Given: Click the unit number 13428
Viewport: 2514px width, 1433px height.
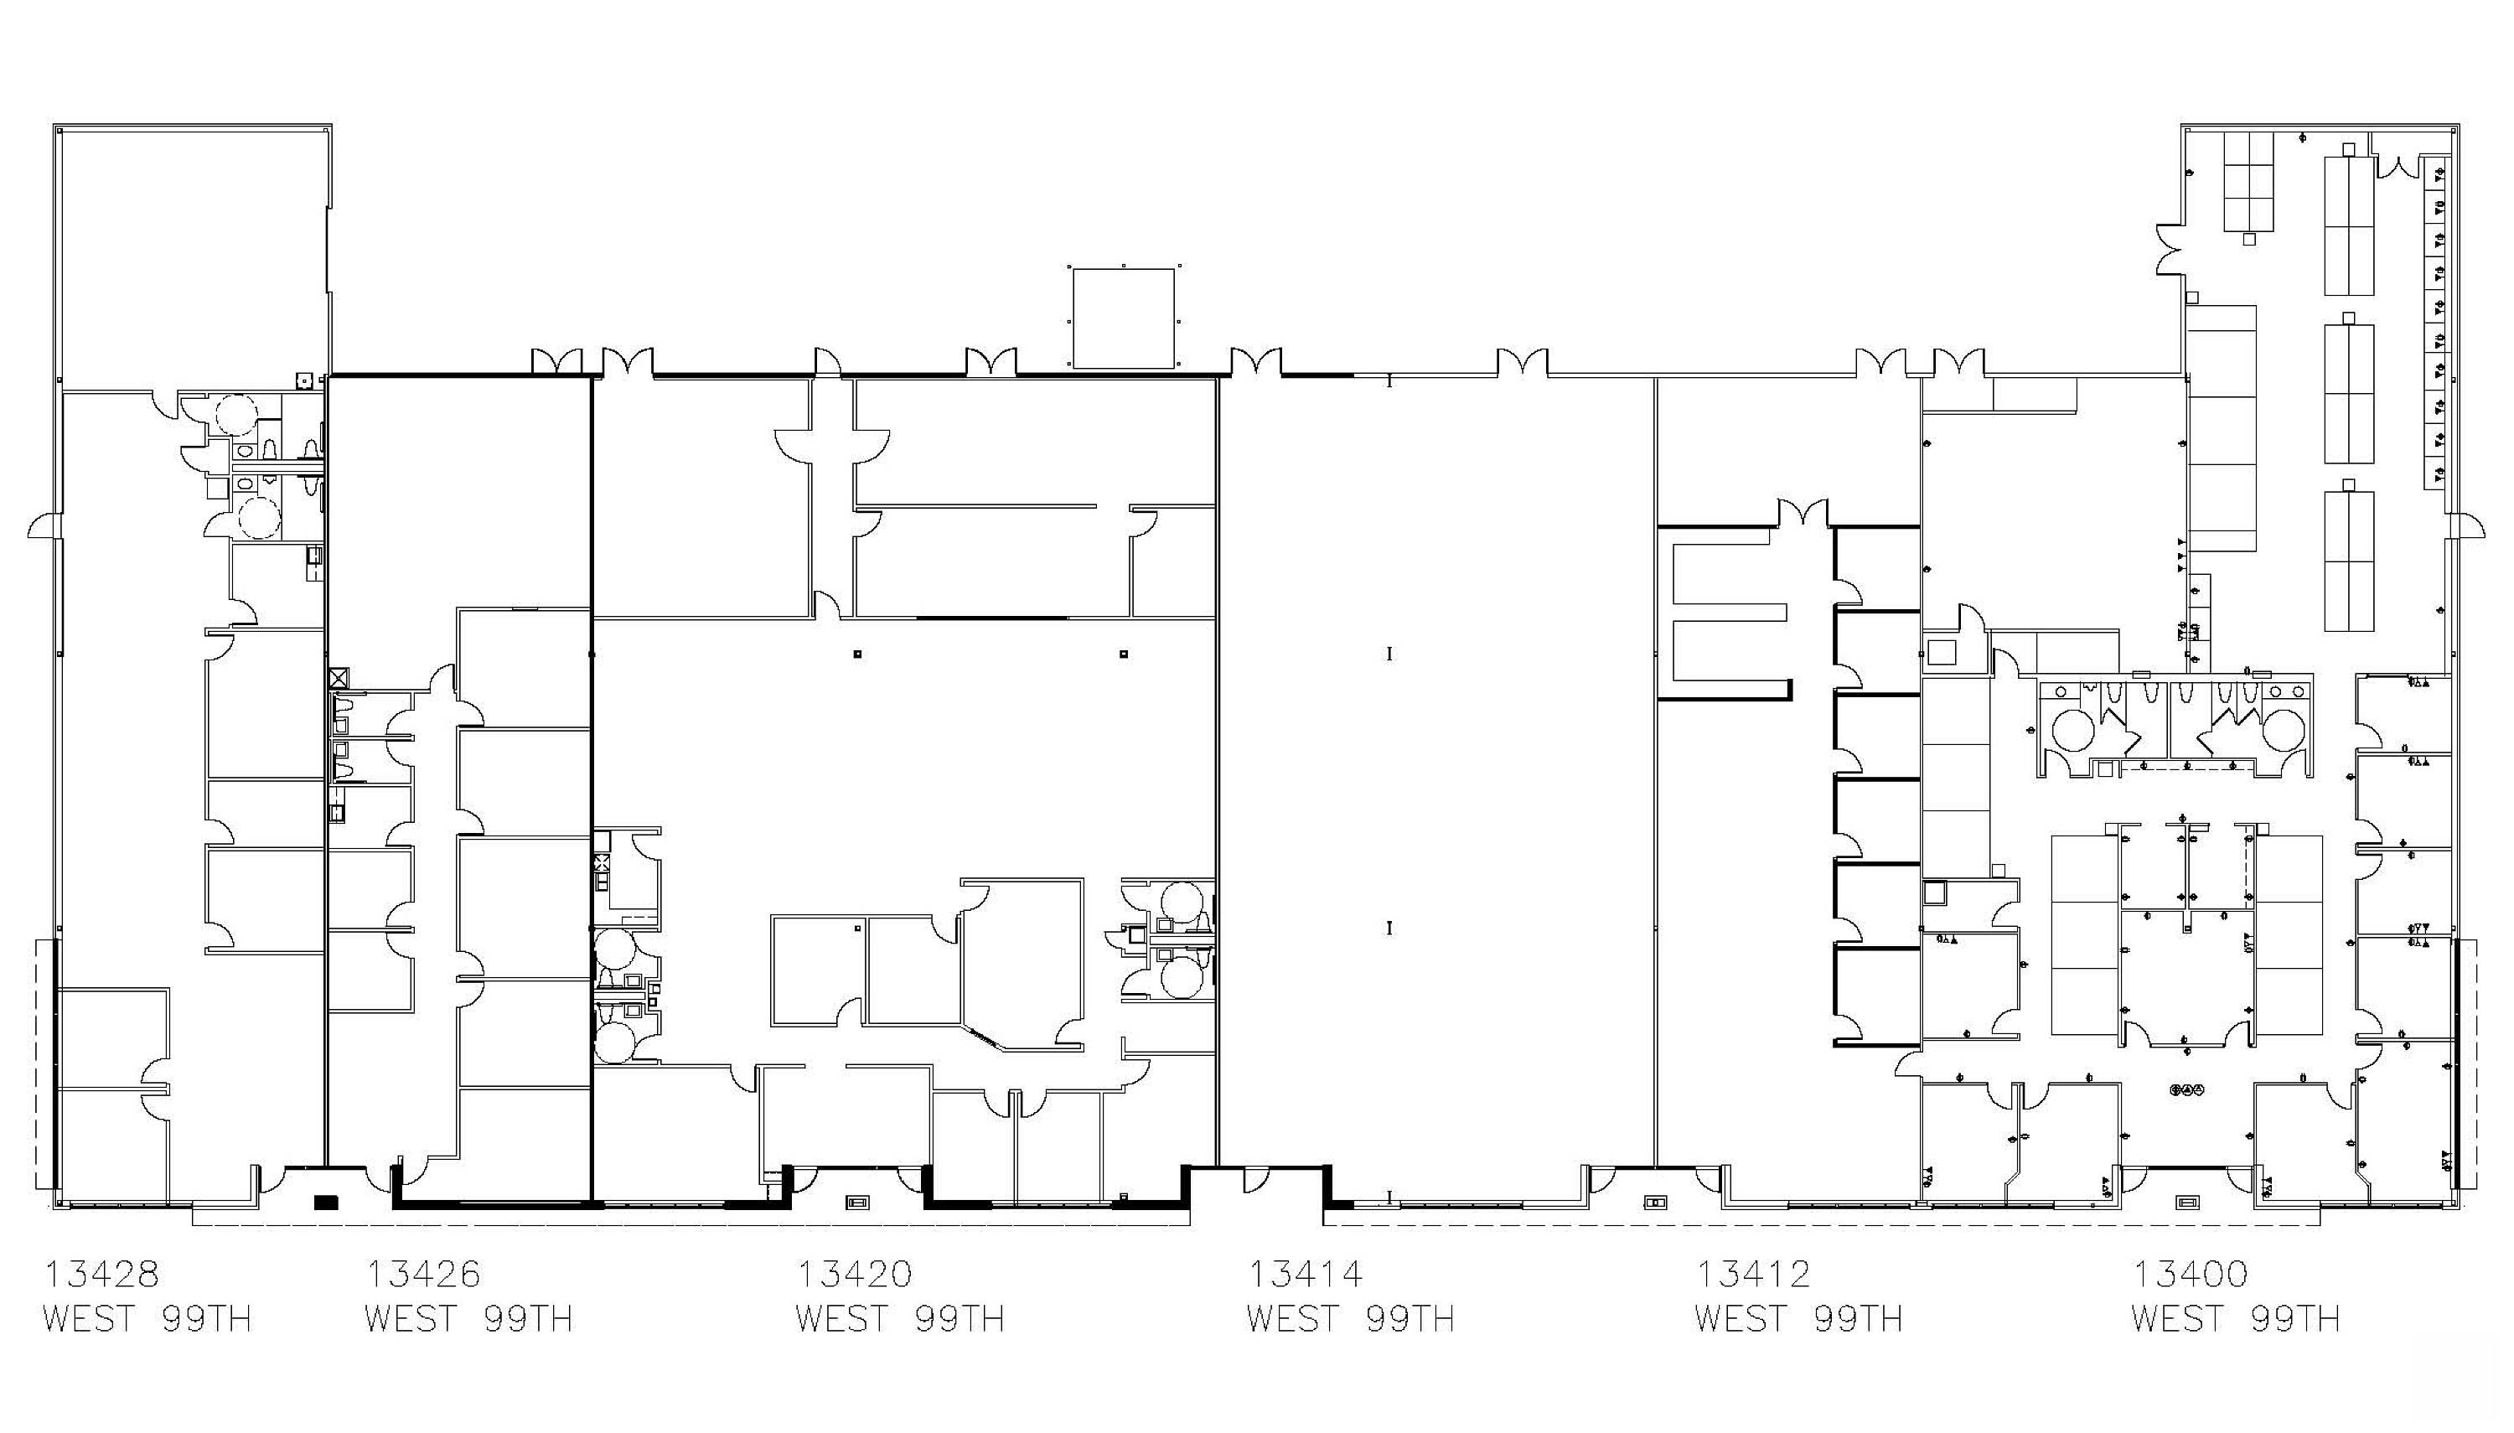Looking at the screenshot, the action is [x=101, y=1274].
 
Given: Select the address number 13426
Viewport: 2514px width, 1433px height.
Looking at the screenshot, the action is [x=423, y=1274].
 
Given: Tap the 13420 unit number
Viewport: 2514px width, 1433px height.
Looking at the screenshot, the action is [x=854, y=1274].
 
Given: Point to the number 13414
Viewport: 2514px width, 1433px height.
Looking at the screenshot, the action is [x=1306, y=1274].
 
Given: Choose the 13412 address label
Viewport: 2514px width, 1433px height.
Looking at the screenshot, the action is [x=1752, y=1274].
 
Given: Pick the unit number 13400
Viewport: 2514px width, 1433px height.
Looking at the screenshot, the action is [x=2191, y=1274].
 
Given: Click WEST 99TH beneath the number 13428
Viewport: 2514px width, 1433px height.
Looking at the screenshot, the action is [x=147, y=1318].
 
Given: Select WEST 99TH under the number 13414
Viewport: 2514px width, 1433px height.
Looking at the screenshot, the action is [x=1351, y=1318].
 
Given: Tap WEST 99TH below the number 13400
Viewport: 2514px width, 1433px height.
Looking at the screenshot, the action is [x=2236, y=1318].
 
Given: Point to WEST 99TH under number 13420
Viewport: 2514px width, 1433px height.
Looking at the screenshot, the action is [x=900, y=1318].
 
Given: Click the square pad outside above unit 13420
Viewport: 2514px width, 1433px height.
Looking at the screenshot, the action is [x=1124, y=318].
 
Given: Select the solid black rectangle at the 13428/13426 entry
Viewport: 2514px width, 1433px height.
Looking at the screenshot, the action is [x=326, y=1202].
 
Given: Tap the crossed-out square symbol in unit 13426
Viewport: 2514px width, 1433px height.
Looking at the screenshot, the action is [x=339, y=677].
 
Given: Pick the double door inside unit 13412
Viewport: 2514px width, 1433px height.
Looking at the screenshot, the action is [x=1803, y=513].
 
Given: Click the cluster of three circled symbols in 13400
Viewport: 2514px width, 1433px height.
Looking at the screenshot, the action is [x=2187, y=1089].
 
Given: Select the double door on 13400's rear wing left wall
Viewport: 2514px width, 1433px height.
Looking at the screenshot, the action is [x=2170, y=250].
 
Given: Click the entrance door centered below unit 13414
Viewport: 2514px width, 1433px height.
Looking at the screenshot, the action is [x=1254, y=1179].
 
